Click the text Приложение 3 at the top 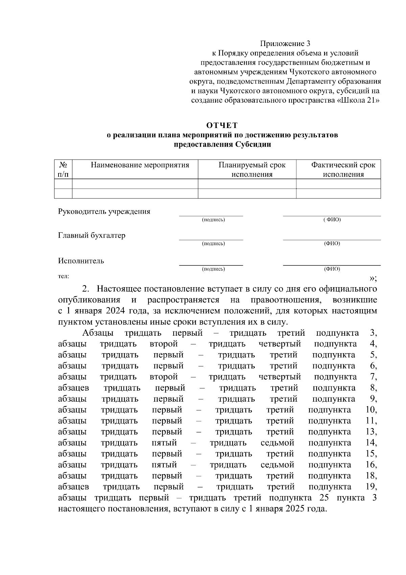point(285,43)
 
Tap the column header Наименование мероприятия point(140,165)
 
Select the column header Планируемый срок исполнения point(252,170)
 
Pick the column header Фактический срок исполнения point(343,170)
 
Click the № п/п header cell point(63,170)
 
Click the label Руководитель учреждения point(104,212)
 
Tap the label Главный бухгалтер point(92,235)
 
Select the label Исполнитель point(81,261)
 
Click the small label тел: point(64,276)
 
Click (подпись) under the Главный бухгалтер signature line point(213,243)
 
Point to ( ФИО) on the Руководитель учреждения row point(332,220)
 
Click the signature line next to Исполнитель point(211,265)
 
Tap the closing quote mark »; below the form point(373,278)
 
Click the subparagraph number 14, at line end point(371,443)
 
